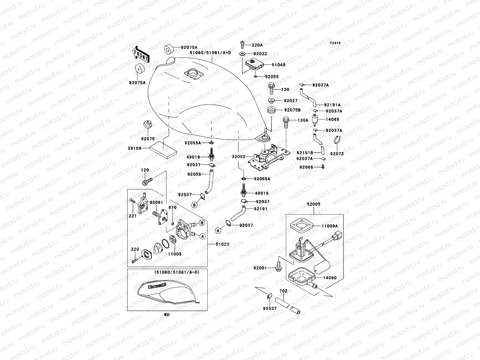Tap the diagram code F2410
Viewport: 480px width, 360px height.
point(335,43)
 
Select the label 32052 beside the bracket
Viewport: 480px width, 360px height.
point(238,157)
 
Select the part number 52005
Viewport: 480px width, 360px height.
point(313,204)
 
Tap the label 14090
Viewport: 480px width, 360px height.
point(330,278)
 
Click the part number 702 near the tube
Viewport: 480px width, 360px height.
point(283,291)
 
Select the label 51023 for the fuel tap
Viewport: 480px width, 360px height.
point(222,244)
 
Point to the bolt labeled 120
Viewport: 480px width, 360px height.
point(147,181)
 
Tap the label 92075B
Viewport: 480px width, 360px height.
point(292,110)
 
